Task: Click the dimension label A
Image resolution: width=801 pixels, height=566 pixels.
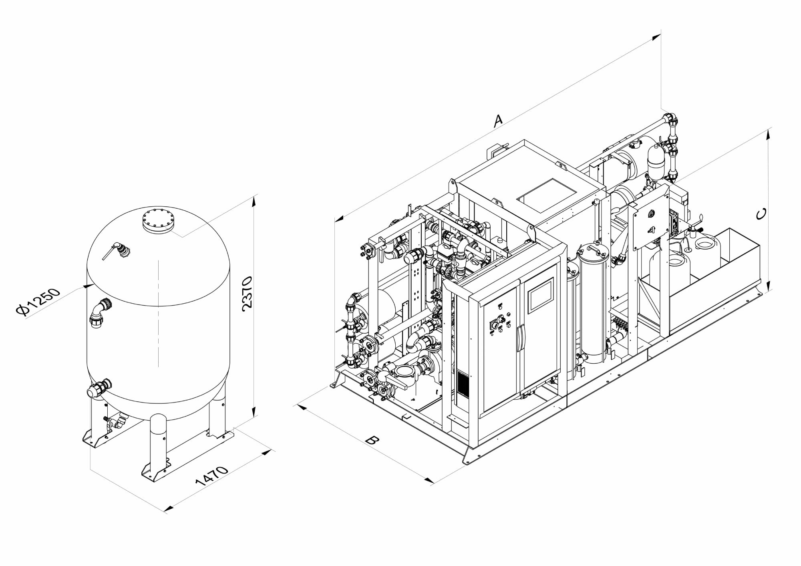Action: click(497, 120)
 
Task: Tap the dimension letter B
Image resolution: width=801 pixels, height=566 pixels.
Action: click(372, 440)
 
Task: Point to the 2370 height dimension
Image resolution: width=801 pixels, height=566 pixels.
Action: click(248, 292)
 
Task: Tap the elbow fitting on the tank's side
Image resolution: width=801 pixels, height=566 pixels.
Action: click(100, 313)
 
